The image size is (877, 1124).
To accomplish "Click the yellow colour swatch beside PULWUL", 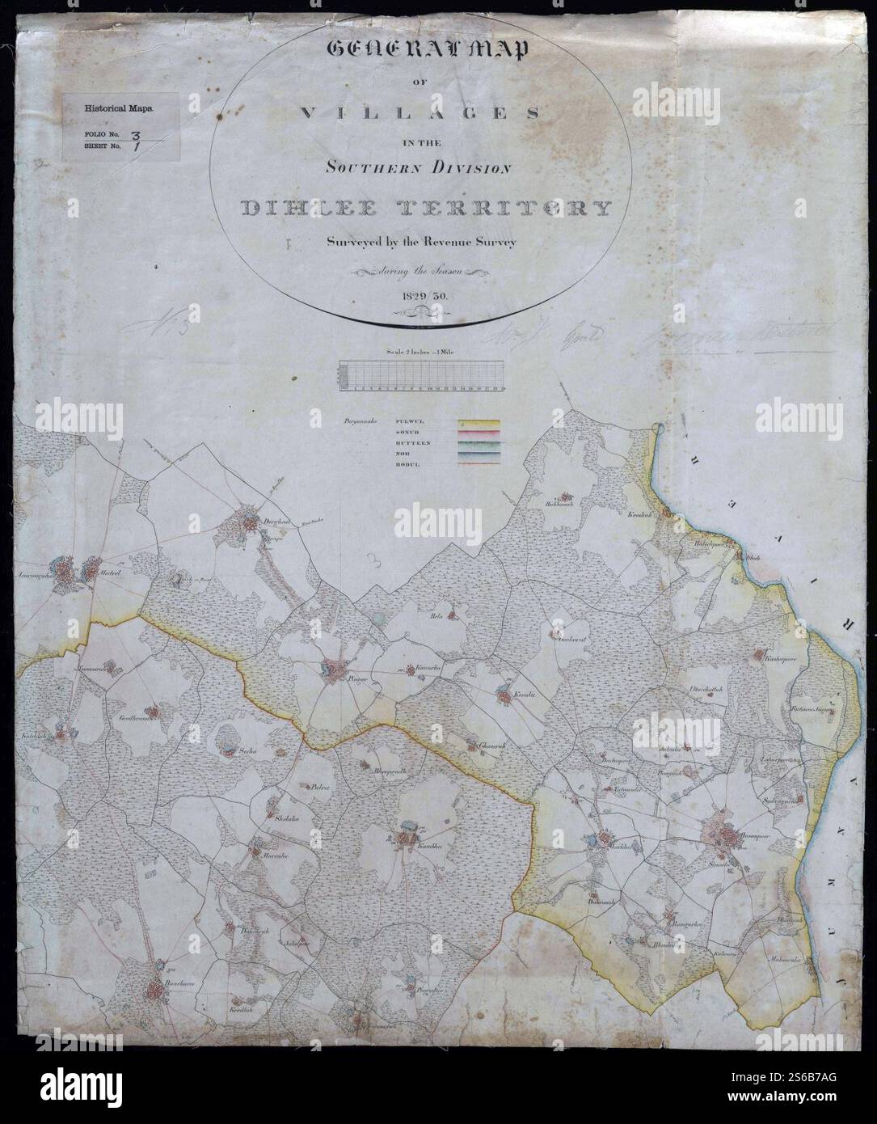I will click(x=479, y=423).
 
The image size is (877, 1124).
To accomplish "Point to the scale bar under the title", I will click(x=423, y=376).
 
